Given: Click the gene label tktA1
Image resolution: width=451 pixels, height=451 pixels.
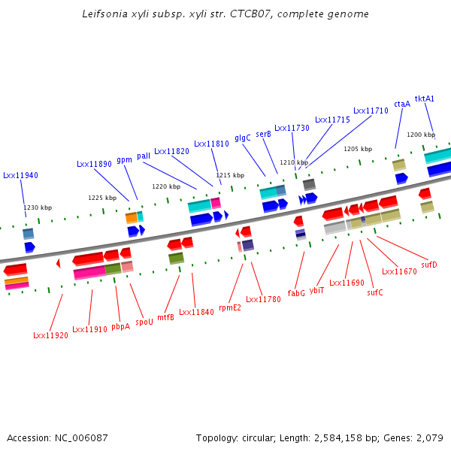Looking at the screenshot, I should tap(425, 98).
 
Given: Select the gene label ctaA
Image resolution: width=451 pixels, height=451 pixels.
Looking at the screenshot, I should tap(402, 104).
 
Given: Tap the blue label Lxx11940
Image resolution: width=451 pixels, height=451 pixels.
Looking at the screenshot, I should tap(20, 175).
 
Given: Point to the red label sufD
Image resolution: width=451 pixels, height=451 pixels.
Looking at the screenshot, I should tap(429, 265).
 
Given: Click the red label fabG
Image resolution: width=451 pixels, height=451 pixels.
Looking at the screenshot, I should tap(296, 293).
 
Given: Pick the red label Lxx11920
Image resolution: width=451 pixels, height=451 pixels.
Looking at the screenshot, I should tap(50, 335).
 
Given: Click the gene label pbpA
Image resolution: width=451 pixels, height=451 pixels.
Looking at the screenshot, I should tap(120, 326).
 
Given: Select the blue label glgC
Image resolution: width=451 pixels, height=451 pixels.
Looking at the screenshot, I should tap(243, 138).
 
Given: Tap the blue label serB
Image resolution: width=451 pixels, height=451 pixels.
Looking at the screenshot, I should tap(263, 134).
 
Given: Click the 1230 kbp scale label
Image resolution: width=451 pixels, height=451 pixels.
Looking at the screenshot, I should tap(38, 207).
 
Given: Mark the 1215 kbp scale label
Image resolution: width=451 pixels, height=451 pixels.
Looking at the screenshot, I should tap(230, 175).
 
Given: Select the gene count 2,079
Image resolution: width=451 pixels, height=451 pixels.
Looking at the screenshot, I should tap(428, 437).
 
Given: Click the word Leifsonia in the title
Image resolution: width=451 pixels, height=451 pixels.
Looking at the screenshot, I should tap(104, 14).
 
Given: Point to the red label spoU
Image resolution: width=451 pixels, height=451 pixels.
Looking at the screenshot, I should tap(144, 321).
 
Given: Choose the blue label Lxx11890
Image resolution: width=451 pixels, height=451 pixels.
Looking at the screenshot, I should tap(94, 164).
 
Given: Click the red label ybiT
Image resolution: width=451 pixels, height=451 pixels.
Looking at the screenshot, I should tap(316, 290).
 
